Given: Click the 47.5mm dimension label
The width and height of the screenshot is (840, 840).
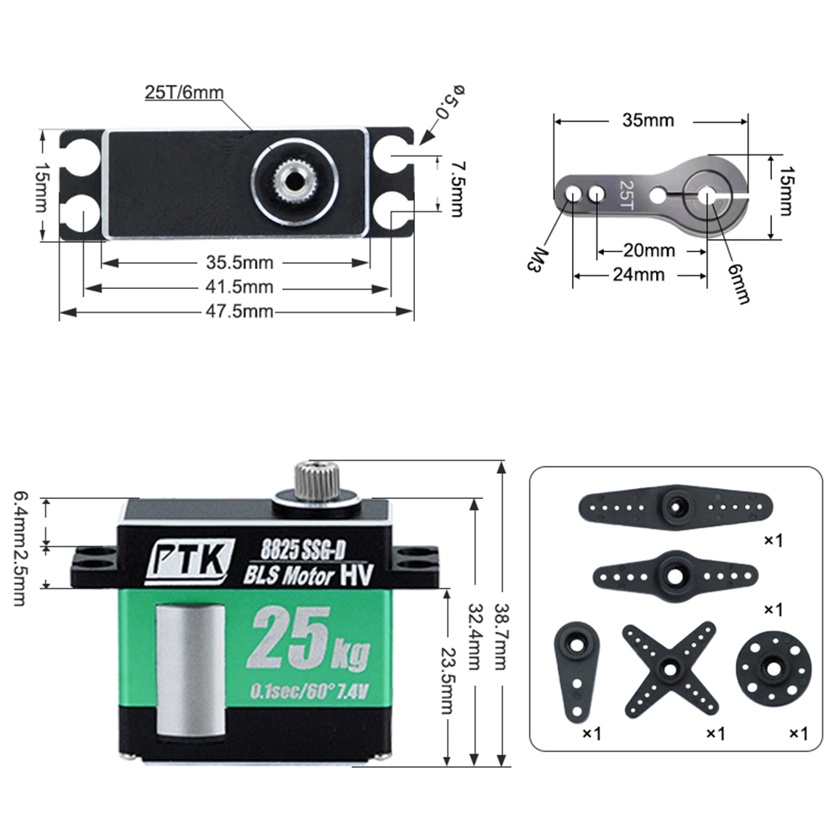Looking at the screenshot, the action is click(x=239, y=312).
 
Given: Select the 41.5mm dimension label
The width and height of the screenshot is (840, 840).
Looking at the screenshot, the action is click(x=239, y=287).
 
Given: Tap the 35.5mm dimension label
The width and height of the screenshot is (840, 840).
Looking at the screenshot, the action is click(x=239, y=262).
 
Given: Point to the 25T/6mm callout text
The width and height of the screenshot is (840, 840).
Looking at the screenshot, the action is click(x=184, y=92).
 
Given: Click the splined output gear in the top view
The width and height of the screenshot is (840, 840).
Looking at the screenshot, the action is click(x=293, y=181).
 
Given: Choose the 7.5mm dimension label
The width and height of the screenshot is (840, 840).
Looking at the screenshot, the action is click(x=457, y=189).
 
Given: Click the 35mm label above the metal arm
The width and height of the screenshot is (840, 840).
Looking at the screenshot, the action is click(x=648, y=120).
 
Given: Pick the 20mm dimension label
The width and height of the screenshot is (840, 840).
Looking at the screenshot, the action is click(x=648, y=250).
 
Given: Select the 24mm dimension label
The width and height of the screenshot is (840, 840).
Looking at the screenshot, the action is click(x=638, y=275).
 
